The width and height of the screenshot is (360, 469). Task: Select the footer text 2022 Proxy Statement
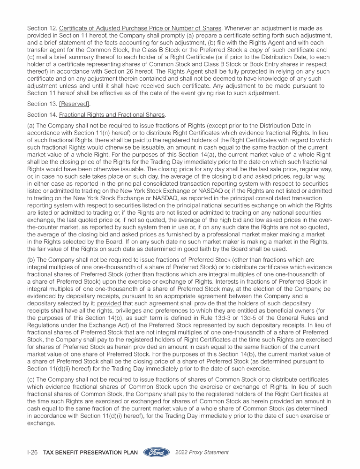[202, 453]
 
